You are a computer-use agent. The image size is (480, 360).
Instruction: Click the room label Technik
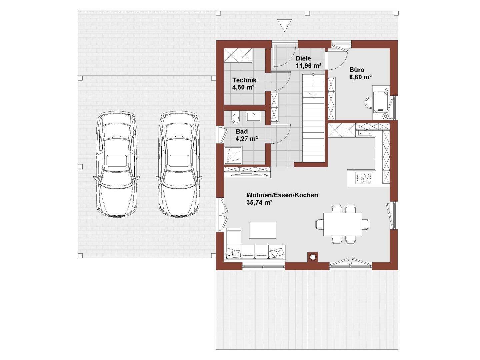pos(244,80)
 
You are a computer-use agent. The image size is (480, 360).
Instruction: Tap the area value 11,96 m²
pos(308,66)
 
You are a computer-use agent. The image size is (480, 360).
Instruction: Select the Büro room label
pos(357,70)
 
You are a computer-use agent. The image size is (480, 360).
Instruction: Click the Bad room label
pos(242,131)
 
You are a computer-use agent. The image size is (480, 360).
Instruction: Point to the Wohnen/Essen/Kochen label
pos(282,195)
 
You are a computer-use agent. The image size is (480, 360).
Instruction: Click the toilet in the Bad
pos(235,118)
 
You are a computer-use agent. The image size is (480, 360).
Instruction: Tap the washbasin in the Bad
pos(255,116)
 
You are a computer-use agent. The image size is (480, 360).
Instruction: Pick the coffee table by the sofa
pos(263,230)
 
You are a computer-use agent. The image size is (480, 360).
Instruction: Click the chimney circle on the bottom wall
pos(313,257)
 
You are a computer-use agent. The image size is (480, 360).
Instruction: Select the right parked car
pos(179,165)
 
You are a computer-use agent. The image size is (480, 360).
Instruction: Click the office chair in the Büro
pos(369,103)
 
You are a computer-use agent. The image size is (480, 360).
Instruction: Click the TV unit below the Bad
pos(247,172)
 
